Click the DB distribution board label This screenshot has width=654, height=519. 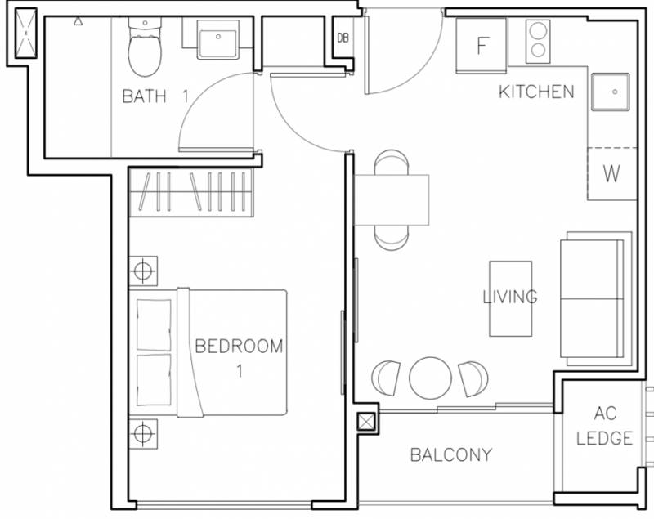point(343,38)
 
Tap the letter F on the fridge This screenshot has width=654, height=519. point(482,46)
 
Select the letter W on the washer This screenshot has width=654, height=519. point(611,173)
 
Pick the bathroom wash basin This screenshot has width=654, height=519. point(217,39)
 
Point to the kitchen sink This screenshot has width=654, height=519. point(610,92)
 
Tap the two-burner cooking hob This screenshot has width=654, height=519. point(538,42)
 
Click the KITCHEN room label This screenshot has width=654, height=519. point(536,92)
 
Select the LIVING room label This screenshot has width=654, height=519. point(509,297)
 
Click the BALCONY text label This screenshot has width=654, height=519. point(451,454)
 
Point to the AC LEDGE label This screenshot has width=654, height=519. point(604,426)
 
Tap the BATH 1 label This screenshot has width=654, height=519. point(155,96)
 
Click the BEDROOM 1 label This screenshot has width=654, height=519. point(239,358)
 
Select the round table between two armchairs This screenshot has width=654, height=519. point(430,378)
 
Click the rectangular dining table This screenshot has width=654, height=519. point(392,200)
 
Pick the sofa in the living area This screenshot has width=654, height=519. point(592,298)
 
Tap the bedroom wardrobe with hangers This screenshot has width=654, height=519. point(191,192)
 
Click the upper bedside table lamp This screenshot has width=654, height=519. point(143,271)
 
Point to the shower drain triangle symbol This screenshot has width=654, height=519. point(78,21)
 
